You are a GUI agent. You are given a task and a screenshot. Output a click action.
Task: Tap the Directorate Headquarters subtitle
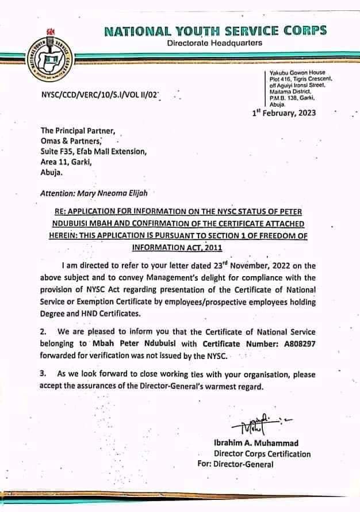point(215,43)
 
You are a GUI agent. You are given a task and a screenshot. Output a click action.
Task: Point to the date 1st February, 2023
point(284,113)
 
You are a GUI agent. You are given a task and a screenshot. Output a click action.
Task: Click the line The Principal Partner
point(78,131)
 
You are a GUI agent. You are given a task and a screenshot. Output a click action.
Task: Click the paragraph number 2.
point(43,331)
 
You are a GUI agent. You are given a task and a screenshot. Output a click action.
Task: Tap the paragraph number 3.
point(43,375)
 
